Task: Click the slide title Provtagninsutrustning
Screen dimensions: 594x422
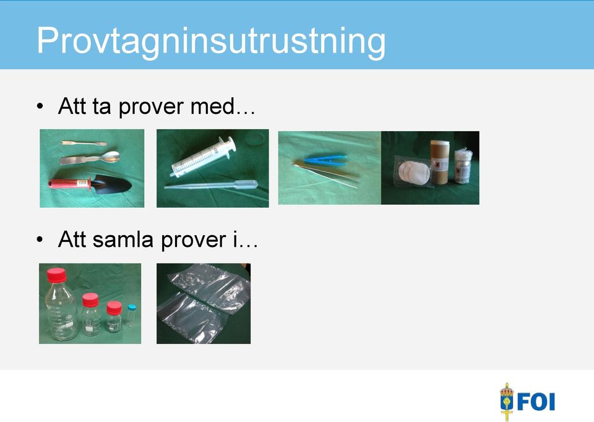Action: point(211,41)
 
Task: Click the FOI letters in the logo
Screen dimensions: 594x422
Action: point(536,402)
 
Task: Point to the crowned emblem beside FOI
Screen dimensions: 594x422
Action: point(507,402)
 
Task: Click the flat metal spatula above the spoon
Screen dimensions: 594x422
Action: point(84,143)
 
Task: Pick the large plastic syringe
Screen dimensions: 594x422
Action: point(203,157)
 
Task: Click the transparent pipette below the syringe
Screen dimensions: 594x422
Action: point(211,185)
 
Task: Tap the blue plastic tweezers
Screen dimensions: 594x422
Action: point(325,160)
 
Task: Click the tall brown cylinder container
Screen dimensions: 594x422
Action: point(440,162)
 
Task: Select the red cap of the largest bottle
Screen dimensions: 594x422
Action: point(56,275)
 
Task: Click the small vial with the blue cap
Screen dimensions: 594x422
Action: point(131,315)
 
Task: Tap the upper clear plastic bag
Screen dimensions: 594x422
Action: point(209,287)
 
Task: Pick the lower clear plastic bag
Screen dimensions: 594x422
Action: point(192,318)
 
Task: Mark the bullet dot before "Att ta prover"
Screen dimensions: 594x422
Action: point(40,106)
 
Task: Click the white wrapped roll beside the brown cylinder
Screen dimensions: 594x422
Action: point(463,166)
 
